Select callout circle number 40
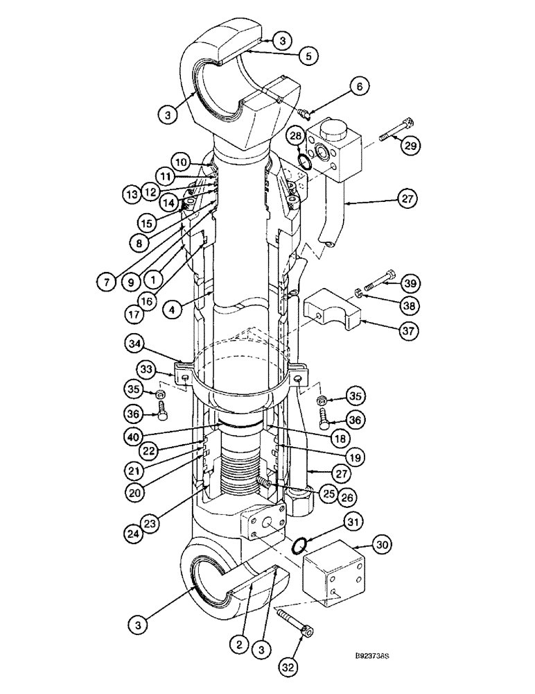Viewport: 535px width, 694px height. pyautogui.click(x=139, y=437)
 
